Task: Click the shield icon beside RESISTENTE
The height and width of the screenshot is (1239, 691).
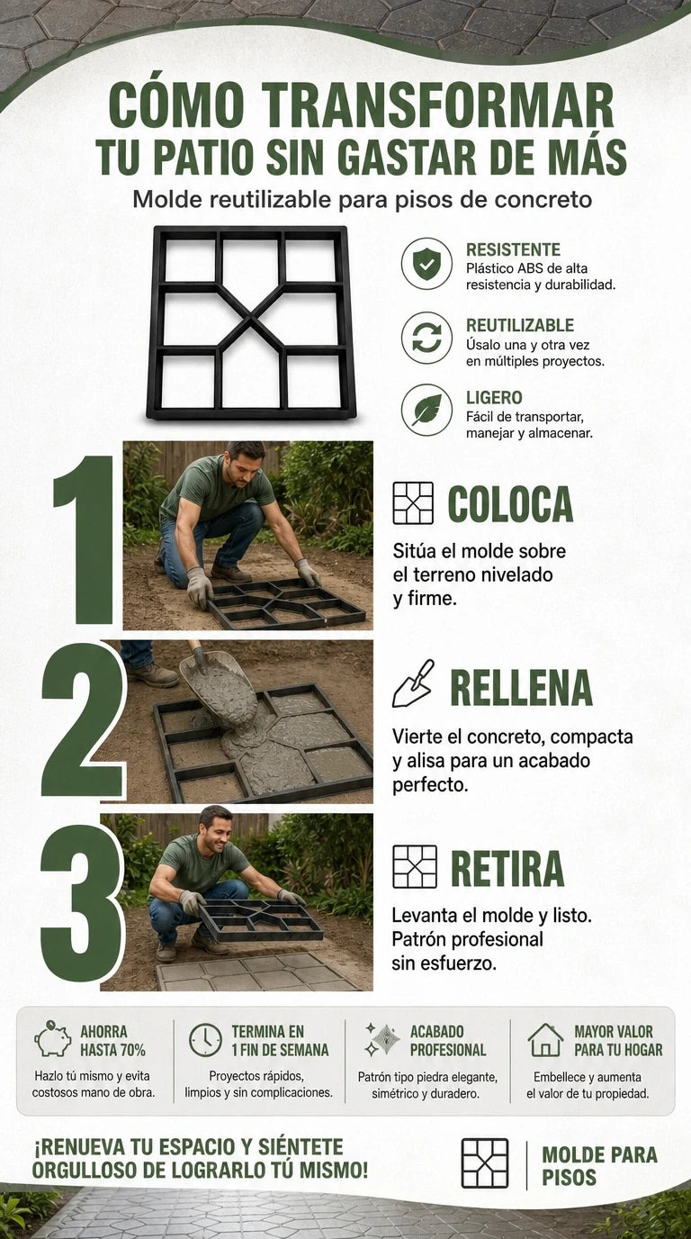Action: click(426, 263)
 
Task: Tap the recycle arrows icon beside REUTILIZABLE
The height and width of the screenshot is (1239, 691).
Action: click(426, 338)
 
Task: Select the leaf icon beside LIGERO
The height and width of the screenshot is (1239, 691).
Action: click(426, 410)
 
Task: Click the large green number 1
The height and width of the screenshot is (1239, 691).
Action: click(85, 540)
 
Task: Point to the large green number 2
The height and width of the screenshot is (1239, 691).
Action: click(83, 719)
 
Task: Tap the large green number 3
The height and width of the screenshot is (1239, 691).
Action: click(82, 903)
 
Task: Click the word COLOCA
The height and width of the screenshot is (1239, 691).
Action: click(510, 504)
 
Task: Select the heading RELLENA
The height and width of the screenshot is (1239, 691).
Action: click(521, 688)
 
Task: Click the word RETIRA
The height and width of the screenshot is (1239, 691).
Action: click(507, 869)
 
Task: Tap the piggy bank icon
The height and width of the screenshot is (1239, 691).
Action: click(53, 1039)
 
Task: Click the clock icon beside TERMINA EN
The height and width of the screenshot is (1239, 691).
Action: click(205, 1040)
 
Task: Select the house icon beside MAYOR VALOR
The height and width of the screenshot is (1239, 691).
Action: click(545, 1040)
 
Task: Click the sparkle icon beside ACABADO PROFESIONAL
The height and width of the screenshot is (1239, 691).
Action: click(381, 1039)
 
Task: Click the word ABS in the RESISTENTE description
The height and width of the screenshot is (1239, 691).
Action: click(530, 269)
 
